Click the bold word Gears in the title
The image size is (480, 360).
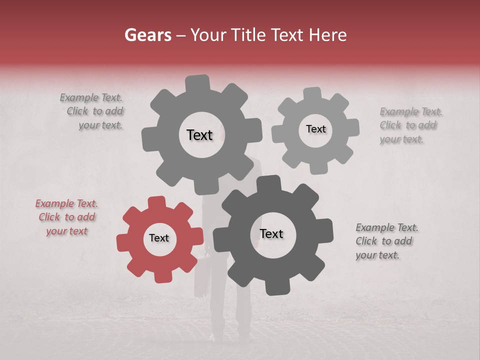pyautogui.click(x=147, y=35)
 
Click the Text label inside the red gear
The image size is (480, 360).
pyautogui.click(x=159, y=238)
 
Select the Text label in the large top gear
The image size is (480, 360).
pyautogui.click(x=199, y=135)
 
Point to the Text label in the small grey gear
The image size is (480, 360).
pyautogui.click(x=315, y=129)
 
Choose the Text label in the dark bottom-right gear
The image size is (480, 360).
pyautogui.click(x=271, y=233)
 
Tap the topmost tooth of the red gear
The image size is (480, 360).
pyautogui.click(x=156, y=202)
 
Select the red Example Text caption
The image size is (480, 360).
pyautogui.click(x=66, y=217)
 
